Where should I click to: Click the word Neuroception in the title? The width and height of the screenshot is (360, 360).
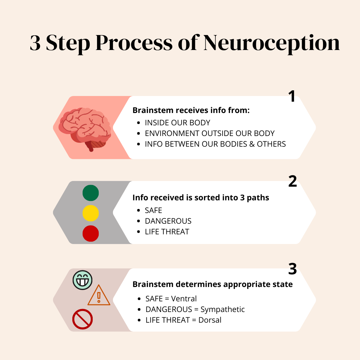pos(271,43)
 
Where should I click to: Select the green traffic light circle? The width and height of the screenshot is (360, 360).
pos(91,193)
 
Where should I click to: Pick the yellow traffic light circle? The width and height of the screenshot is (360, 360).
pos(91,213)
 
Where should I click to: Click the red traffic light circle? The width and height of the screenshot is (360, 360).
pos(91,233)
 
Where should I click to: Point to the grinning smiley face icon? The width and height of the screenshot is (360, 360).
pos(82,280)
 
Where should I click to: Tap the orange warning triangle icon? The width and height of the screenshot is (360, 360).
pos(99,295)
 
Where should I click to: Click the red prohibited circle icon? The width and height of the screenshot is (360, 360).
pos(82,319)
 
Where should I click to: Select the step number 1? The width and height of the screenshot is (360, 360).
pos(292,97)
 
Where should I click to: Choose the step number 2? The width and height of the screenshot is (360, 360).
pos(292,182)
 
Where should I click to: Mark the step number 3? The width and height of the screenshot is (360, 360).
pos(292,269)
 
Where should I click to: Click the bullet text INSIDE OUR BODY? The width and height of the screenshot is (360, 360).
pos(178,123)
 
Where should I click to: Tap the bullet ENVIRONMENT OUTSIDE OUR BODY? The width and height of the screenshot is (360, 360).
pos(210,133)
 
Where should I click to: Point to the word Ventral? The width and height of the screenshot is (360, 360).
pos(184,299)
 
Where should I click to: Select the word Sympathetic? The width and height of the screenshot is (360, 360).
pos(223,309)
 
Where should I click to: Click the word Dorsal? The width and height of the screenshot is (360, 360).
pos(210,320)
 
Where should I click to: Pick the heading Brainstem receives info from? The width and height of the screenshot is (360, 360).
pos(191,110)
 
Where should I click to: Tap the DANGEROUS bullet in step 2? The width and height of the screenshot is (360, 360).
pos(168,221)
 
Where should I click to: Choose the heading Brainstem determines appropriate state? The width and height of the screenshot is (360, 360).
pos(213,284)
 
